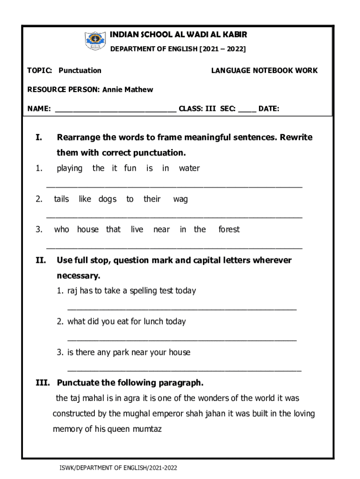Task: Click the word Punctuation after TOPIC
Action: [x=80, y=71]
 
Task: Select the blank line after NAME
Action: [x=115, y=110]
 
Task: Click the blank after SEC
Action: [x=247, y=110]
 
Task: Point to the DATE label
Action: [x=269, y=109]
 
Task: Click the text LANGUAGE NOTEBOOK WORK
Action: [x=264, y=71]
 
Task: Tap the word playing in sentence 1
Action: [x=69, y=168]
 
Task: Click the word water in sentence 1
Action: [x=189, y=168]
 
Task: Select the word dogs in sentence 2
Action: [x=107, y=199]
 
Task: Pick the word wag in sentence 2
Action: [x=180, y=199]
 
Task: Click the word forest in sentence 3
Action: [x=229, y=229]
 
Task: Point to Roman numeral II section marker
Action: [x=41, y=260]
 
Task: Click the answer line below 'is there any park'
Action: [x=184, y=370]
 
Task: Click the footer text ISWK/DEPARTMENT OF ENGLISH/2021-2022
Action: [x=115, y=468]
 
